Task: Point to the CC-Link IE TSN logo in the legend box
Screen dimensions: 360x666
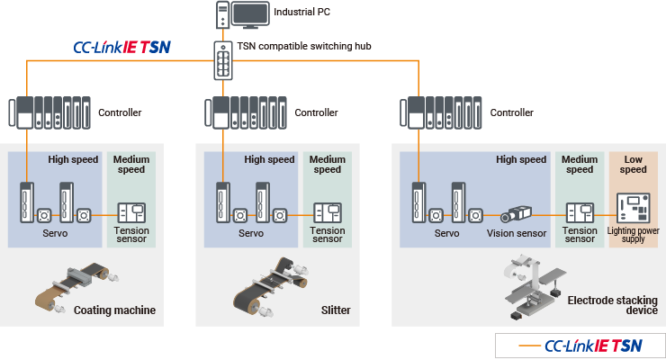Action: click(594, 346)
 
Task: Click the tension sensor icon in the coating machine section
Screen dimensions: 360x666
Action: click(132, 213)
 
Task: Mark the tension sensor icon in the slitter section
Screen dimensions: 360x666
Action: click(327, 213)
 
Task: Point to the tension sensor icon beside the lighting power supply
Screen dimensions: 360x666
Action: click(580, 213)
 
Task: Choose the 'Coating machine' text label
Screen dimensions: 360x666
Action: click(114, 310)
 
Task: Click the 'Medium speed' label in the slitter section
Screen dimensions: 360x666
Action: click(328, 165)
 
